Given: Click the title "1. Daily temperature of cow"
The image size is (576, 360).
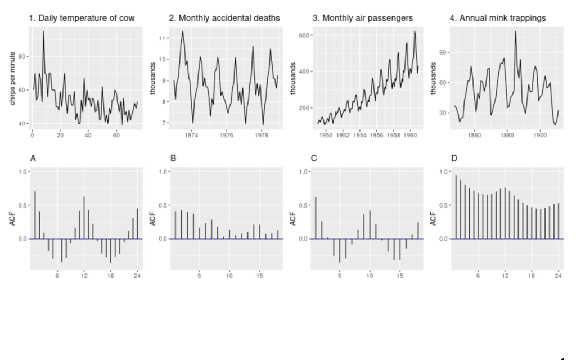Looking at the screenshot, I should tap(82, 19).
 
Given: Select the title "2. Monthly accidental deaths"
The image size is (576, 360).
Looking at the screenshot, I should tap(224, 19).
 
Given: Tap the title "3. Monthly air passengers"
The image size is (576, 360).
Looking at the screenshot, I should tap(362, 19).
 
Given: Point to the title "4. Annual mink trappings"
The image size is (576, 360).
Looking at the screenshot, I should tap(497, 19).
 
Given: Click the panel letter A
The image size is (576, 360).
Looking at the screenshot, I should tap(33, 159).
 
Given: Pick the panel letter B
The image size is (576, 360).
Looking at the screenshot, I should tap(173, 159).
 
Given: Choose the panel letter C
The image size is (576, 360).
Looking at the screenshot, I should tap(313, 159).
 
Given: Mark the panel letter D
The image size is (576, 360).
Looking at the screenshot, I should tap(453, 159).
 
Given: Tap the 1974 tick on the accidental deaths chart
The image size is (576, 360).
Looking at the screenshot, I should tap(191, 136).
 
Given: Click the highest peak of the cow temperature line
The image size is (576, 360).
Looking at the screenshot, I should tap(43, 31).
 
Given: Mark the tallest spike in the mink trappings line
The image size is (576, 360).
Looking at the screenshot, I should tap(515, 31).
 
